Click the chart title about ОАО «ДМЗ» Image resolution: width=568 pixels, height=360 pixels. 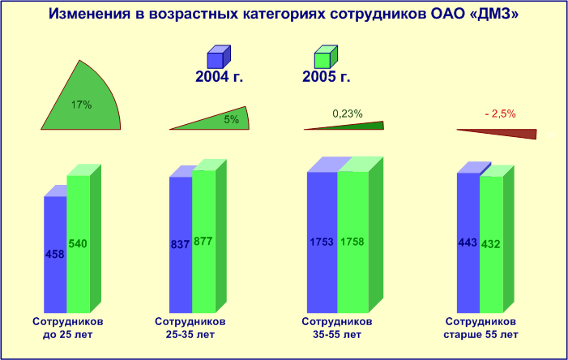click(284, 14)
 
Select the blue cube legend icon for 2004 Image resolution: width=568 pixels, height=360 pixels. click(219, 57)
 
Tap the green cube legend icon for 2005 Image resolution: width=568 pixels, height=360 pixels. click(326, 57)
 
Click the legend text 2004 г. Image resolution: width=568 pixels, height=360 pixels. click(219, 77)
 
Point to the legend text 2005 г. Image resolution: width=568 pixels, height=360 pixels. click(327, 77)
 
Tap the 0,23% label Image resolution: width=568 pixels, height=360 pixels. click(348, 114)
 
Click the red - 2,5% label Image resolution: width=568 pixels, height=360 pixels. click(500, 114)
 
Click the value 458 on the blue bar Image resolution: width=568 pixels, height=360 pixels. click(55, 254)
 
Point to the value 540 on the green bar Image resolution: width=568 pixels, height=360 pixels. click(78, 243)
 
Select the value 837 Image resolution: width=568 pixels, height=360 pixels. click(180, 244)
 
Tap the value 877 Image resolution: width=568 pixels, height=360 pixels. click(203, 241)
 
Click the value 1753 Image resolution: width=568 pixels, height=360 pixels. click(322, 242)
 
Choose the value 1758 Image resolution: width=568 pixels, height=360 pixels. click(352, 242)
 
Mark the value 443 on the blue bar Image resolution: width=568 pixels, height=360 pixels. click(468, 242)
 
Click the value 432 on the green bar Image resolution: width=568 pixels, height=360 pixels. click(491, 244)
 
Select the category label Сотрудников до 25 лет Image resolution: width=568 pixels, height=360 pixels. click(68, 328)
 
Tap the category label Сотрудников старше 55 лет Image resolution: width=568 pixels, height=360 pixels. click(480, 328)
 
